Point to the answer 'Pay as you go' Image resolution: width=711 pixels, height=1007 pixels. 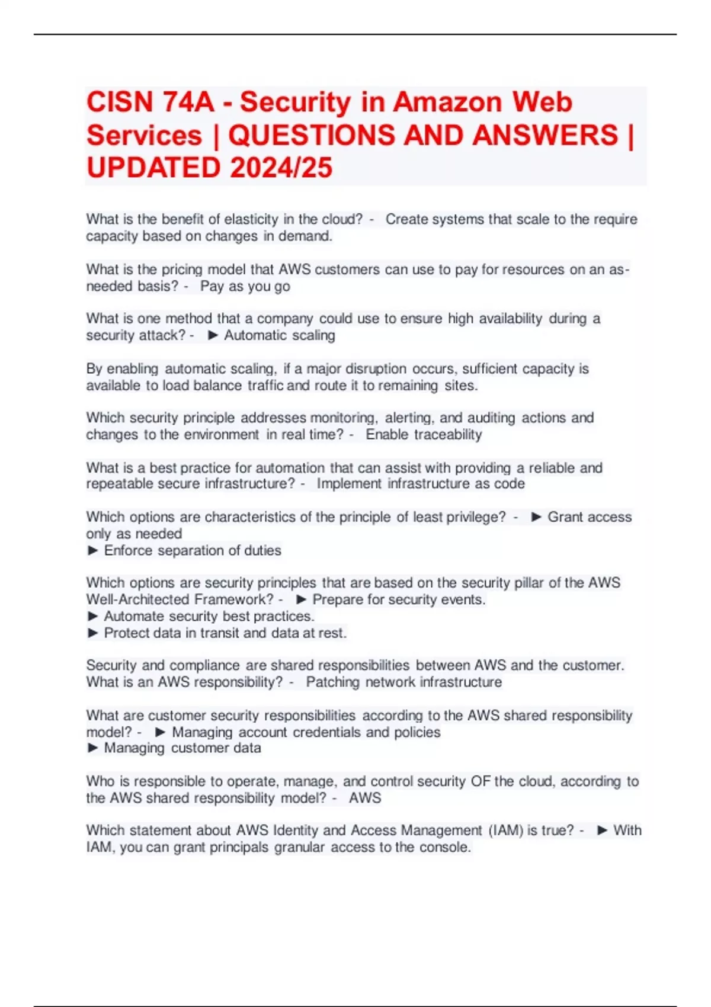click(245, 287)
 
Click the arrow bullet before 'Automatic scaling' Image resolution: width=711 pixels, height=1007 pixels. click(213, 335)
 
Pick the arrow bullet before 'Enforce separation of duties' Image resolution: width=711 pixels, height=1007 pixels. click(92, 550)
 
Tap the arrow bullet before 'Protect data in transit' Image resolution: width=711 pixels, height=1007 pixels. click(92, 633)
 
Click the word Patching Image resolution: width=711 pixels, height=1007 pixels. click(332, 682)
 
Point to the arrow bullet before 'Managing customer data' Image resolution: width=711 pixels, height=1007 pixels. click(92, 748)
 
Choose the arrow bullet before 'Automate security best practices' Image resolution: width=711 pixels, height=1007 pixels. click(92, 616)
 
